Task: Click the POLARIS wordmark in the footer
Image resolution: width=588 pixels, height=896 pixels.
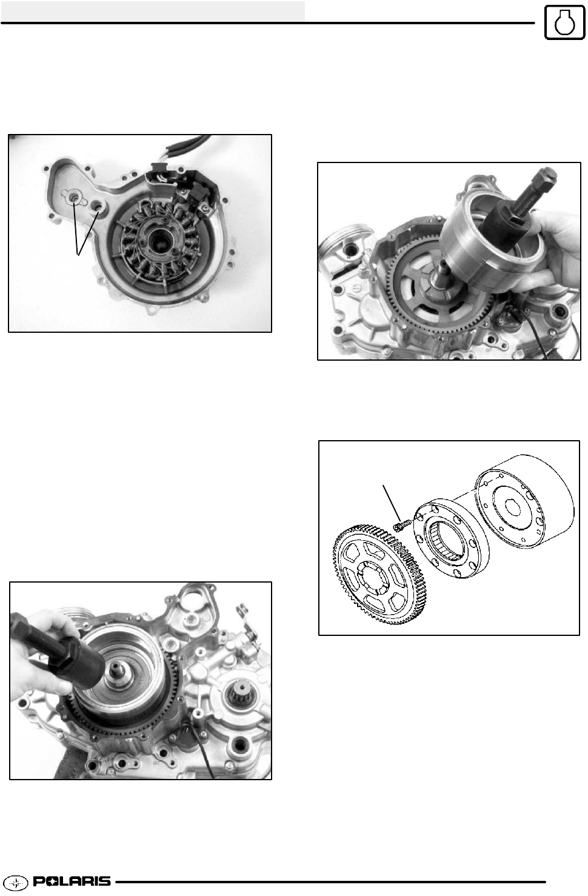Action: pos(72,881)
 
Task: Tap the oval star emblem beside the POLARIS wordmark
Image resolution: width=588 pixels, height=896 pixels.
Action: pos(18,882)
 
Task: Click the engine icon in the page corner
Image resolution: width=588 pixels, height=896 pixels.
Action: pos(564,22)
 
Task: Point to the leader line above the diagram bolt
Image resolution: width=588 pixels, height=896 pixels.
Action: pos(392,503)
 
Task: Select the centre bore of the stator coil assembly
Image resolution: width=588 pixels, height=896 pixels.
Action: pos(159,242)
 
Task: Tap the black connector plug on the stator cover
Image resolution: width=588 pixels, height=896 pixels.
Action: pos(199,196)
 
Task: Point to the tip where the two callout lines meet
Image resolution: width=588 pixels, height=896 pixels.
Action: pos(78,255)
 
